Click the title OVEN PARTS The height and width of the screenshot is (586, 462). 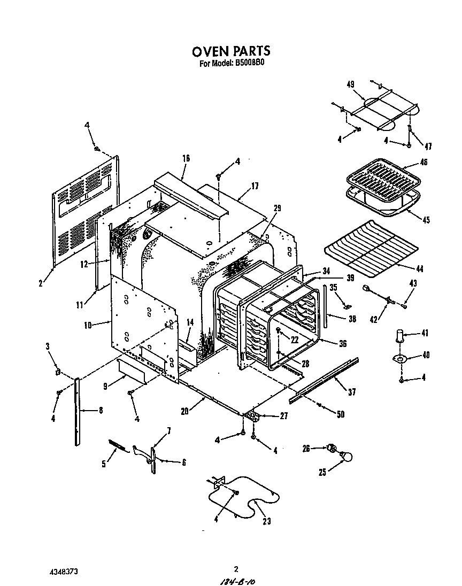(231, 51)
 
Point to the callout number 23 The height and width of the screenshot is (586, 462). (266, 522)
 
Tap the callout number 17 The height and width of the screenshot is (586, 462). (255, 187)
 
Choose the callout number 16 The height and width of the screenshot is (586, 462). (186, 158)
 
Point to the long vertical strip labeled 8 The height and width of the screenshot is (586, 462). (79, 411)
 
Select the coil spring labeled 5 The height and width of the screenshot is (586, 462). (120, 445)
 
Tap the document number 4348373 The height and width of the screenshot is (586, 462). (65, 571)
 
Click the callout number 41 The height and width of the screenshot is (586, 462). (425, 334)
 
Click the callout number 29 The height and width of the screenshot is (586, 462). (276, 208)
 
